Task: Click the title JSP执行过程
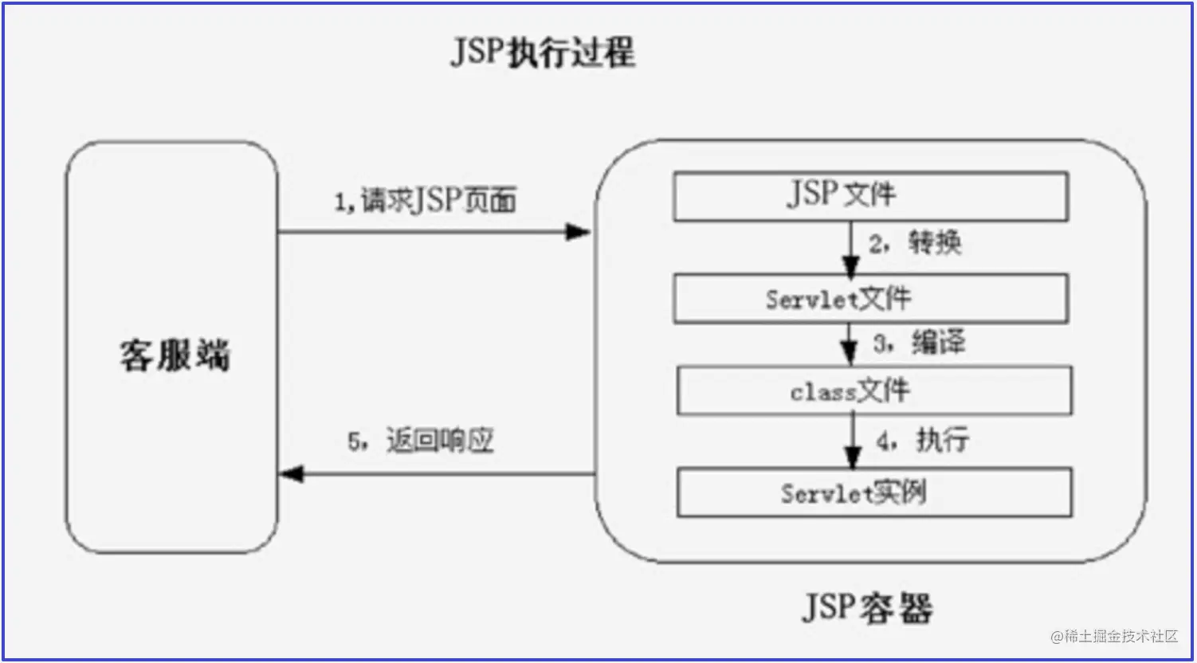pyautogui.click(x=543, y=53)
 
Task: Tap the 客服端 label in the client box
pyautogui.click(x=175, y=355)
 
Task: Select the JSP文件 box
pyautogui.click(x=871, y=196)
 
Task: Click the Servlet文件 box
pyautogui.click(x=871, y=299)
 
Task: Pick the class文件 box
pyautogui.click(x=874, y=390)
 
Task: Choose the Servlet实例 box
pyautogui.click(x=874, y=492)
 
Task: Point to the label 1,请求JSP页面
pyautogui.click(x=426, y=200)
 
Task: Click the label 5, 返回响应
pyautogui.click(x=421, y=441)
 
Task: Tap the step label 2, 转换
pyautogui.click(x=915, y=243)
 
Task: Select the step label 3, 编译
pyautogui.click(x=919, y=343)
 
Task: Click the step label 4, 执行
pyautogui.click(x=922, y=441)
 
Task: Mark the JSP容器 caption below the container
pyautogui.click(x=867, y=608)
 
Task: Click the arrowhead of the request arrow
pyautogui.click(x=579, y=232)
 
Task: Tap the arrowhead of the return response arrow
pyautogui.click(x=292, y=474)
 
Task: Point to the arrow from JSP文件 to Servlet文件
pyautogui.click(x=851, y=249)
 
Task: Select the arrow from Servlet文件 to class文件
pyautogui.click(x=849, y=344)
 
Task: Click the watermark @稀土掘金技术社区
pyautogui.click(x=1114, y=636)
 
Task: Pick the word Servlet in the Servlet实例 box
pyautogui.click(x=826, y=493)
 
